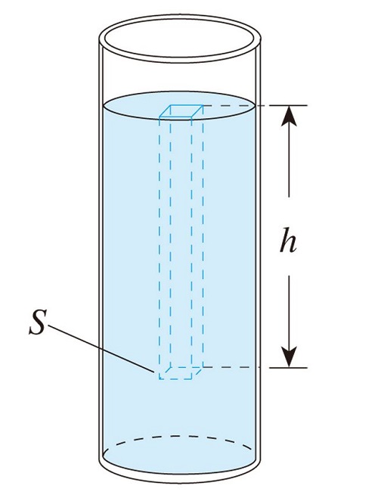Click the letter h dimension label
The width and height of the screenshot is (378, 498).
pos(288,240)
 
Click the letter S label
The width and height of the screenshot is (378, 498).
pos(38,322)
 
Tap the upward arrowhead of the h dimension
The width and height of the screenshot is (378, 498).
pos(289,116)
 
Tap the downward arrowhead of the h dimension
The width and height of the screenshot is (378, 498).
pos(289,356)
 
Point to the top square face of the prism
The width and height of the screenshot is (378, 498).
pos(181,111)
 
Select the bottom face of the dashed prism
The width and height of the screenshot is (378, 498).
pos(181,373)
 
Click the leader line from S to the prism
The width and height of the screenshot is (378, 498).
pos(101,349)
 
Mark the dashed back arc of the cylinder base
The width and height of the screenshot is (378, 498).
pos(180,437)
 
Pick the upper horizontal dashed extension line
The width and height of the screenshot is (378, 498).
pos(231,105)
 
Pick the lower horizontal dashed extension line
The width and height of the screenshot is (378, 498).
pos(231,367)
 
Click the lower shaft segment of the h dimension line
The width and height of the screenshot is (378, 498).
pos(289,311)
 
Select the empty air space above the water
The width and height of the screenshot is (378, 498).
pos(180,76)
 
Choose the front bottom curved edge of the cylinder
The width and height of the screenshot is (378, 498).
pos(180,479)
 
